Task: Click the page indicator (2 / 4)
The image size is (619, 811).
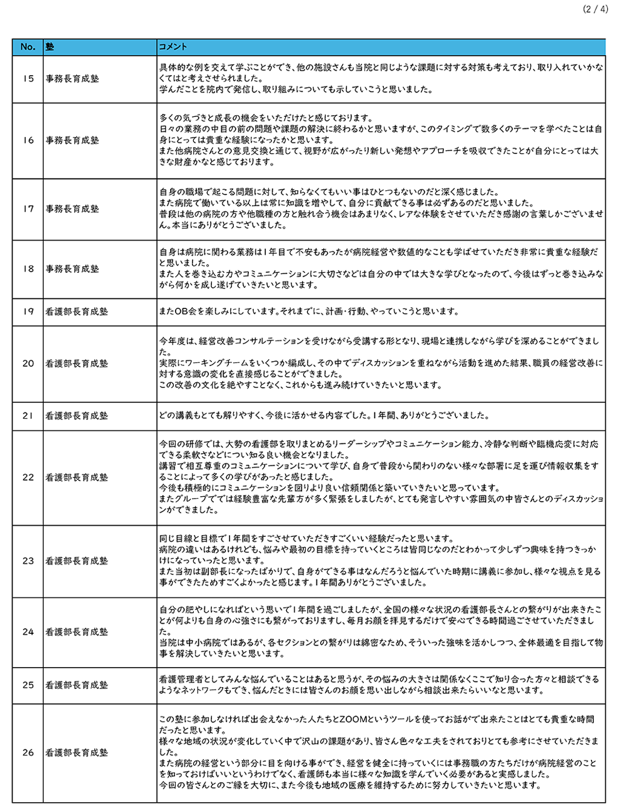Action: coord(595,9)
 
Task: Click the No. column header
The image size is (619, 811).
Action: coord(28,47)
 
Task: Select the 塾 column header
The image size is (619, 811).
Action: coord(49,47)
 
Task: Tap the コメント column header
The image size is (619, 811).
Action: coord(173,47)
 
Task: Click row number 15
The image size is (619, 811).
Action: coord(28,79)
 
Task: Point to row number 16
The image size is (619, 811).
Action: coord(28,140)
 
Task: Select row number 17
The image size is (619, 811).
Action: coord(28,208)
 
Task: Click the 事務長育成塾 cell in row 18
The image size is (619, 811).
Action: coord(72,268)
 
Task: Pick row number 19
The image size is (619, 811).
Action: coord(28,311)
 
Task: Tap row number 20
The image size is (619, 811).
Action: coord(28,363)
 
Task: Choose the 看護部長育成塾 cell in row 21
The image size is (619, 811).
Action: coord(76,416)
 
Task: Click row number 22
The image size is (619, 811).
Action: coord(28,477)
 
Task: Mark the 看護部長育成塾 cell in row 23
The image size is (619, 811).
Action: coord(76,561)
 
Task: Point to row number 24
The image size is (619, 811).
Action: coord(28,632)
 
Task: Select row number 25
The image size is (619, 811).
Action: coord(28,685)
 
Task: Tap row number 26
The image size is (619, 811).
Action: coord(28,752)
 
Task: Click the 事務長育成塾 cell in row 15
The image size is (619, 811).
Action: coord(72,79)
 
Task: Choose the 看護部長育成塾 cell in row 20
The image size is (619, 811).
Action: coord(76,363)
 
